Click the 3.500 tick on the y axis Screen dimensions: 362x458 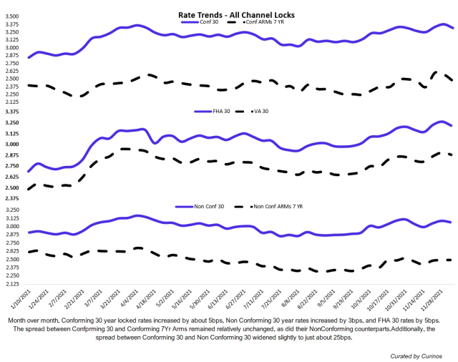click(13, 16)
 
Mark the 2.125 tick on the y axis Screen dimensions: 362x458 click(13, 102)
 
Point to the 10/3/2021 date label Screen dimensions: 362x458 click(357, 295)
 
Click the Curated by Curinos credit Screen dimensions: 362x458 click(416, 355)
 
